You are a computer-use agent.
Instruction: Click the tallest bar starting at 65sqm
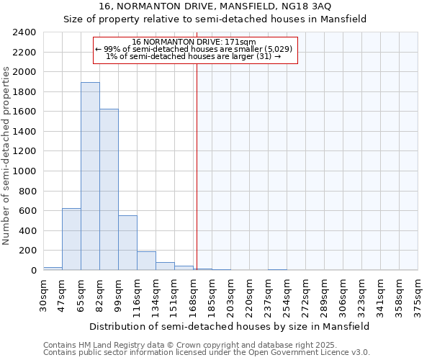pos(90,176)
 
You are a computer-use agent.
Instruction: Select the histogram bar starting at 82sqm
pos(109,189)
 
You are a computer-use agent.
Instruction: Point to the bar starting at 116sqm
pos(146,261)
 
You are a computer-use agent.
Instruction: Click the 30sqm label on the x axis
pos(43,293)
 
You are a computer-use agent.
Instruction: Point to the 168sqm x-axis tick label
pos(193,293)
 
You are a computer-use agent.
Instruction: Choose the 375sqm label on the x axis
pos(418,293)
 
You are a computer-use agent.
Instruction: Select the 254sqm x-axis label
pos(287,293)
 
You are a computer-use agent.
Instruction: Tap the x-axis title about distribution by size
pos(230,326)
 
